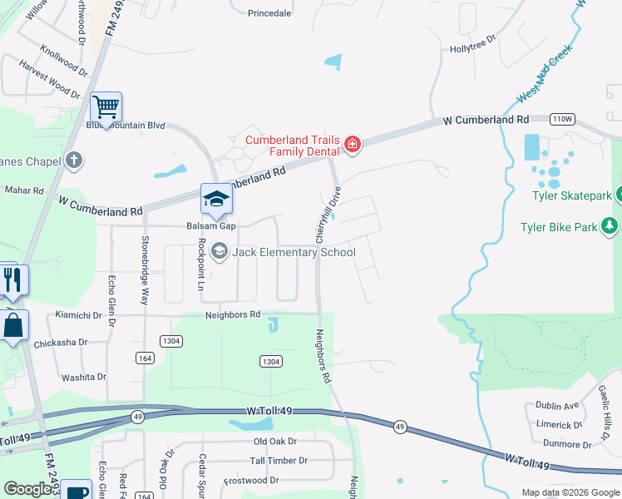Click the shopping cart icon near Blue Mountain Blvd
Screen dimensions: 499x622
tap(106, 106)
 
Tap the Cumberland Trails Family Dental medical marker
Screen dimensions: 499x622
tap(353, 146)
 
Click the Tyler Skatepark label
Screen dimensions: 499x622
tap(572, 195)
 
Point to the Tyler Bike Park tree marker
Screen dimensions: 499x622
tap(610, 225)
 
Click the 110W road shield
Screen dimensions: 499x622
tap(562, 119)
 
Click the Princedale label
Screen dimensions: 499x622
tap(270, 12)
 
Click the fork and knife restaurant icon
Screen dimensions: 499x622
tap(12, 279)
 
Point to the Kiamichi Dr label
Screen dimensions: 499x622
tap(78, 316)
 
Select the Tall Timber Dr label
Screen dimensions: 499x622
tap(279, 461)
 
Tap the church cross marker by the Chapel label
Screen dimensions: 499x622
tap(74, 160)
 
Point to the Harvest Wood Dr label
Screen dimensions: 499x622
tap(49, 73)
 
